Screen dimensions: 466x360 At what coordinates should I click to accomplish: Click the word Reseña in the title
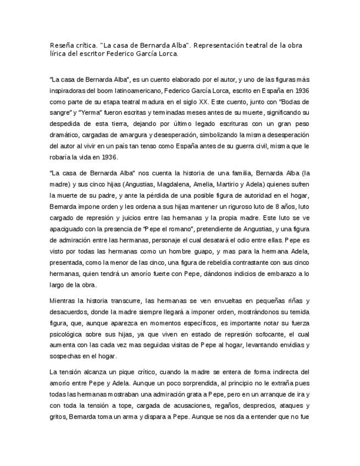coord(60,46)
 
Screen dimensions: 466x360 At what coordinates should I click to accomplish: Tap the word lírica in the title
coord(58,54)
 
